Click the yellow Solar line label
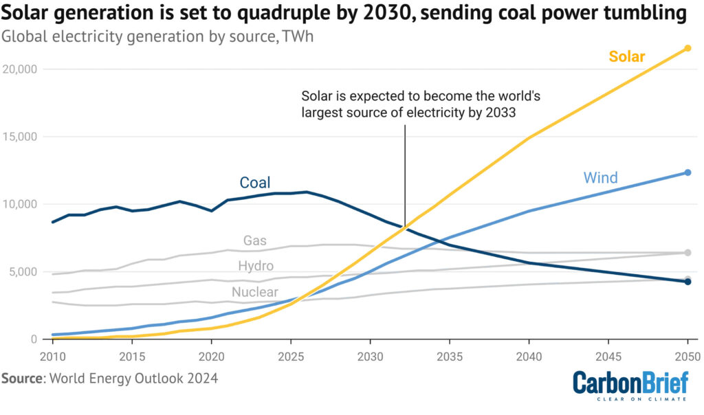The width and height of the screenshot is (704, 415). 627,56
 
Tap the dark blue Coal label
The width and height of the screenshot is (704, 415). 254,183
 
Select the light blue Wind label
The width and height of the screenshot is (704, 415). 600,178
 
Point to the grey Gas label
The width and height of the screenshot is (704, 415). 255,240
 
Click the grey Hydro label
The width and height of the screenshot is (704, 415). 256,266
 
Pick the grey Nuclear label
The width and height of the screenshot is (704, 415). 255,292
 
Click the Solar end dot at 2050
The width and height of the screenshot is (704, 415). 687,48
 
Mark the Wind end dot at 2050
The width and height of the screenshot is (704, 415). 687,172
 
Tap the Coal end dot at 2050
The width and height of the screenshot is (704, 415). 687,282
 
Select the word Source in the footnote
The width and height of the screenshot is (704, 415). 21,379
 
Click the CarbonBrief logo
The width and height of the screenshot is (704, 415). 630,385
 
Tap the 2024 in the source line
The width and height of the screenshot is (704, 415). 203,379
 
